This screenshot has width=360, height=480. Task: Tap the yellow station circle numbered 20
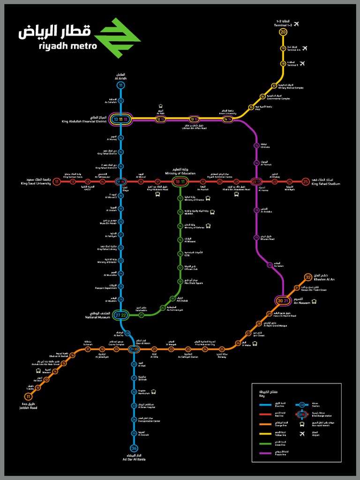coord(283,32)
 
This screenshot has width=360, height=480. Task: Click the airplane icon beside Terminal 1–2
coord(296,24)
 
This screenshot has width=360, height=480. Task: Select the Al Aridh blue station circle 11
coord(121,85)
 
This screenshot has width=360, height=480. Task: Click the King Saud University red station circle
coord(57,181)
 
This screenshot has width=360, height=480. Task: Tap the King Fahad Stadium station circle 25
coord(306,181)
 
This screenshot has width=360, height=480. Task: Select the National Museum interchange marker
coord(121,315)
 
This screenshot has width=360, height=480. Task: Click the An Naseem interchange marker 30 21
coord(283,300)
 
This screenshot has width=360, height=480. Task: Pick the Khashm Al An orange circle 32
coord(308,277)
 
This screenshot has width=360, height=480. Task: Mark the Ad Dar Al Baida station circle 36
coord(134,448)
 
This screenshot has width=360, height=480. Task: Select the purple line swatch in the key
coord(269,453)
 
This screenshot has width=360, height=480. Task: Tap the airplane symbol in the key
coord(302,434)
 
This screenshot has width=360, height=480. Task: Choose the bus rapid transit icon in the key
coord(302,424)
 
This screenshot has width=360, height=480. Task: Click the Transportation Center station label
coord(150,420)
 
